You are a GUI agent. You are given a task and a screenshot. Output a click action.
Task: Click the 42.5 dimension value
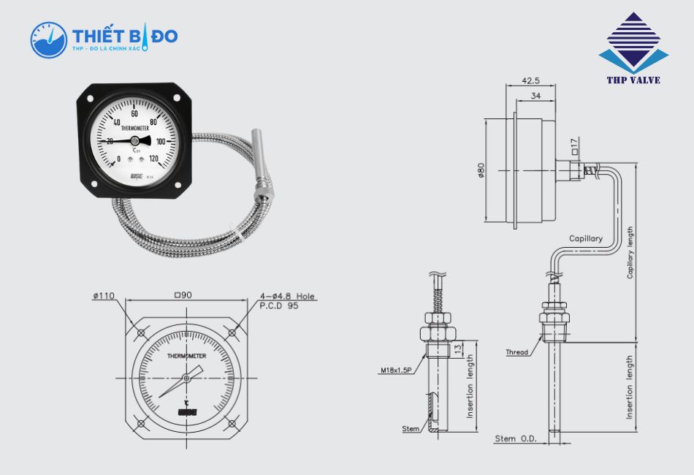click(532, 80)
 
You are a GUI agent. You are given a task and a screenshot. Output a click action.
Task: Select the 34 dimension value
click(535, 96)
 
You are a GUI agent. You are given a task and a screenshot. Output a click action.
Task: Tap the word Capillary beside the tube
click(586, 239)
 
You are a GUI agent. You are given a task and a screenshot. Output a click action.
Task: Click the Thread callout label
click(516, 352)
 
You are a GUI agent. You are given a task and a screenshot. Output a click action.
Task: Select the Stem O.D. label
click(516, 438)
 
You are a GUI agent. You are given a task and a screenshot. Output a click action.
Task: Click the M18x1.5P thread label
click(395, 370)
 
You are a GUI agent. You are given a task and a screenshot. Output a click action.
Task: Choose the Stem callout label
click(411, 428)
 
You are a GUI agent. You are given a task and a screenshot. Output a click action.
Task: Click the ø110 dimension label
click(104, 296)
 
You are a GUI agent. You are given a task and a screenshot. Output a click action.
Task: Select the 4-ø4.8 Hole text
click(287, 296)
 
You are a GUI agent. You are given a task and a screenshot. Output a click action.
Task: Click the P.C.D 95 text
click(278, 306)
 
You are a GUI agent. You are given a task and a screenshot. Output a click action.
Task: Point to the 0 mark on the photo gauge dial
click(119, 159)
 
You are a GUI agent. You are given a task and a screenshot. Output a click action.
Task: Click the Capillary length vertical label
click(630, 252)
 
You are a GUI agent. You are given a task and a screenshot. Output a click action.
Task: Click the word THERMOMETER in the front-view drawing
click(186, 356)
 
